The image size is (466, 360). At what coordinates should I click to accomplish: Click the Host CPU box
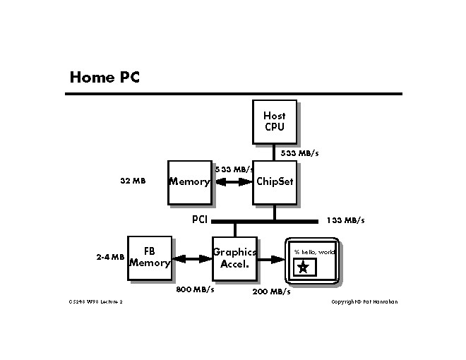pyautogui.click(x=274, y=121)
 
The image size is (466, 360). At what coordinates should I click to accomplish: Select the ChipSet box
pyautogui.click(x=275, y=182)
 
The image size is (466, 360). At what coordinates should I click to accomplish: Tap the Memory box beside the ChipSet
pyautogui.click(x=189, y=182)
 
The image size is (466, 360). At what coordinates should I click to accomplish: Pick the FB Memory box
pyautogui.click(x=149, y=258)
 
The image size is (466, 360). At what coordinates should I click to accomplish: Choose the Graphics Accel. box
pyautogui.click(x=234, y=258)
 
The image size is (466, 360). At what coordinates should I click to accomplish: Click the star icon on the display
pyautogui.click(x=303, y=267)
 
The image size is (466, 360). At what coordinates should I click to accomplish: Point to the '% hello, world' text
pyautogui.click(x=315, y=252)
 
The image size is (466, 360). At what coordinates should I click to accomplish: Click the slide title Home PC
pyautogui.click(x=104, y=76)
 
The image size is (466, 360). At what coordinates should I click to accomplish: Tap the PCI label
pyautogui.click(x=199, y=220)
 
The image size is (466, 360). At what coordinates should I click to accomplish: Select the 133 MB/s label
pyautogui.click(x=345, y=220)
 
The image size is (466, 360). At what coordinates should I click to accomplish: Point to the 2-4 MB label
pyautogui.click(x=110, y=258)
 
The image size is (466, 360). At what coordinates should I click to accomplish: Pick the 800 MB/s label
pyautogui.click(x=195, y=289)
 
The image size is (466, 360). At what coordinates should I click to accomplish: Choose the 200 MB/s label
pyautogui.click(x=271, y=292)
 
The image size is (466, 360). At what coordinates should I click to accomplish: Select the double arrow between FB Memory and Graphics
pyautogui.click(x=191, y=259)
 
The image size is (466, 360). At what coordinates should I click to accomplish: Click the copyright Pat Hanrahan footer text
pyautogui.click(x=364, y=302)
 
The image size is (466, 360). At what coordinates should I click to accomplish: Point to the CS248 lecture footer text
pyautogui.click(x=96, y=302)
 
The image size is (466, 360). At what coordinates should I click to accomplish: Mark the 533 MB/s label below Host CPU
pyautogui.click(x=299, y=153)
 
